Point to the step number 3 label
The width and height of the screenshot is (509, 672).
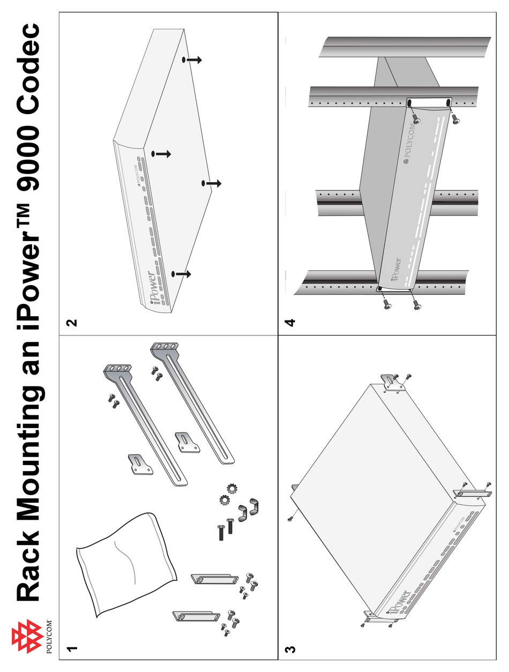[289, 649]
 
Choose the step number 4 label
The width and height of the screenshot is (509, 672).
[289, 323]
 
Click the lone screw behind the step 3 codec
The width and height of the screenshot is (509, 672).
[290, 517]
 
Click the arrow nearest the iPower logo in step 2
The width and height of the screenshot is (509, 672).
[182, 274]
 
